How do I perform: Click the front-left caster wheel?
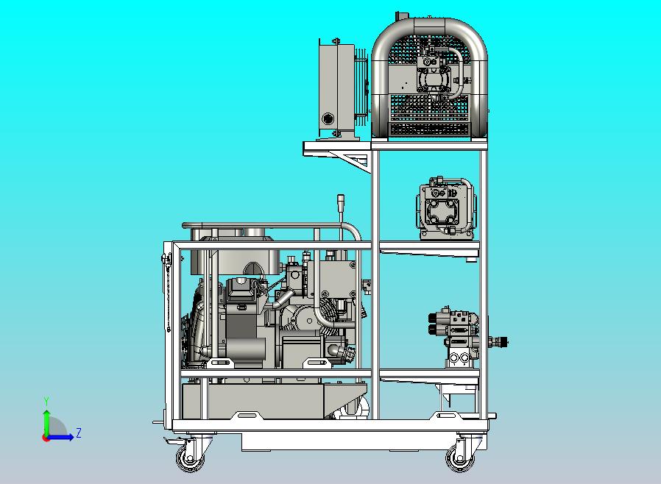coord(191,458)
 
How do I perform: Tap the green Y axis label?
coord(46,401)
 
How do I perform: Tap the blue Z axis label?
coord(79,433)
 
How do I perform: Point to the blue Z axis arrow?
coord(60,437)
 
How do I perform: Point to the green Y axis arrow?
coord(46,423)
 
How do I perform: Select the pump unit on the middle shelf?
coord(446,209)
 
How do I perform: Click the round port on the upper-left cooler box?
coord(328,118)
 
